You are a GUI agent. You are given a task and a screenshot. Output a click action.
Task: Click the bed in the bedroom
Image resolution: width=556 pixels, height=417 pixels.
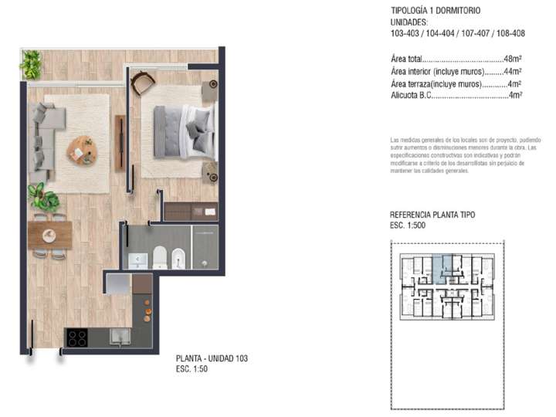(185, 127)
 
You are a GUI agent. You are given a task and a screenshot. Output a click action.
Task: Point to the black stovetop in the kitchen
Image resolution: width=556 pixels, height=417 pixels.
(77, 337)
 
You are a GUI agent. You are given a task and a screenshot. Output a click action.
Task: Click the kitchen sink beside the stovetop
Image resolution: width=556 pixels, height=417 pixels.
(119, 336)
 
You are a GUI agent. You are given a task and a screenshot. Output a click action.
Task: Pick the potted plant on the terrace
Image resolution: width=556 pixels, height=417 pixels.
(32, 64)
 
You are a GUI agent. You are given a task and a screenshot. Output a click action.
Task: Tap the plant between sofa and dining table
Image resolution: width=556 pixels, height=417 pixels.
(43, 198)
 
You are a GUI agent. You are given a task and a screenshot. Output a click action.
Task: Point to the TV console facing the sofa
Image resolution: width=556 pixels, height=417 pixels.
(120, 143)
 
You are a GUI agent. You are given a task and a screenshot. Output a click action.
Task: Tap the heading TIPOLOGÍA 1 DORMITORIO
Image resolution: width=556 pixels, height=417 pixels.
(436, 11)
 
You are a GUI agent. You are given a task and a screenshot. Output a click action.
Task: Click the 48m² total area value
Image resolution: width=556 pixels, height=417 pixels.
(512, 58)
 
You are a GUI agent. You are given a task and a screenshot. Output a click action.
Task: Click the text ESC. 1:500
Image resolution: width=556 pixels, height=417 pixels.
(413, 226)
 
